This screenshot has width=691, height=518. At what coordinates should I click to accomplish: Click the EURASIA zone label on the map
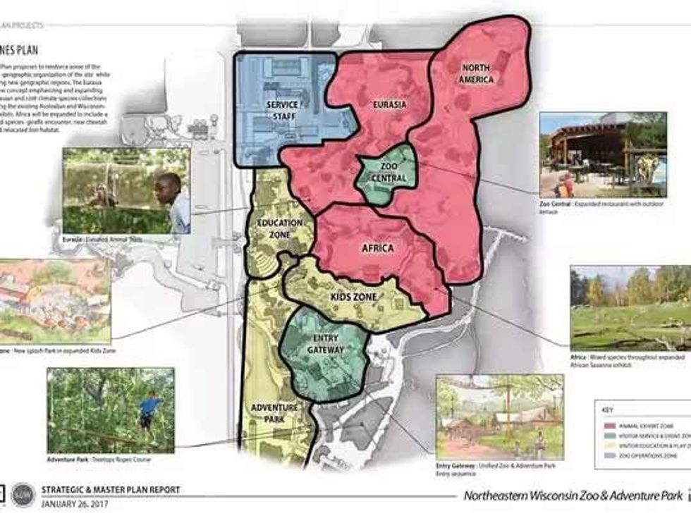pos(391,105)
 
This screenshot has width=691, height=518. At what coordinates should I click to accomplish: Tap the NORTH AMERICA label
pos(476,73)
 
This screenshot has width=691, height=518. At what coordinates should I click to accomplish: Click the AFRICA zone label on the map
pos(377,248)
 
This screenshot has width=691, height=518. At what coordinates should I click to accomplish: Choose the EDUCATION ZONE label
pos(280,228)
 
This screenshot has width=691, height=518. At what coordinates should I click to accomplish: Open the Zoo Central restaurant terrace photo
pos(603,154)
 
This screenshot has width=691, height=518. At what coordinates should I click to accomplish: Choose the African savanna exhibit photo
pos(630,308)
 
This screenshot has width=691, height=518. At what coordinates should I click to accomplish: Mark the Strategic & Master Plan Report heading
pos(111,489)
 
